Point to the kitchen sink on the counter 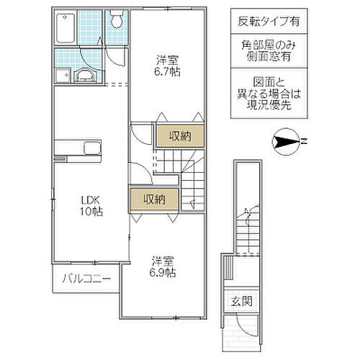(x=93, y=148)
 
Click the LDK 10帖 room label (x=91, y=206)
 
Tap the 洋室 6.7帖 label (x=171, y=66)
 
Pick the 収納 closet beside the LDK (x=153, y=199)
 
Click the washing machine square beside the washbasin (x=60, y=76)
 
